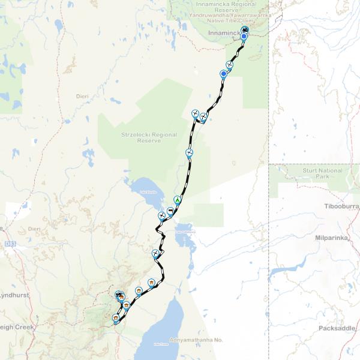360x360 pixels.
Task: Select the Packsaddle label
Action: pos(338,328)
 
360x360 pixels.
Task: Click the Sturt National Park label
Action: pos(323,173)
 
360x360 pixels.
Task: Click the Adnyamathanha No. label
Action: pos(196,340)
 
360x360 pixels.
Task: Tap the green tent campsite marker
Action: pos(177,200)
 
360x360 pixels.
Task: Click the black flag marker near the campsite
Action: pos(171,211)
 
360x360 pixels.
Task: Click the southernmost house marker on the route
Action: pos(115,317)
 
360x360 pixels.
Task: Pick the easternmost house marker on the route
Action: pos(152,282)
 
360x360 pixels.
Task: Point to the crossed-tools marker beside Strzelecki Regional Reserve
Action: pos(190,152)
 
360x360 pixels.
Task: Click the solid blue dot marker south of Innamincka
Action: pos(224,74)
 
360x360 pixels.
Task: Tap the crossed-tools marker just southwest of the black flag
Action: pos(161,216)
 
